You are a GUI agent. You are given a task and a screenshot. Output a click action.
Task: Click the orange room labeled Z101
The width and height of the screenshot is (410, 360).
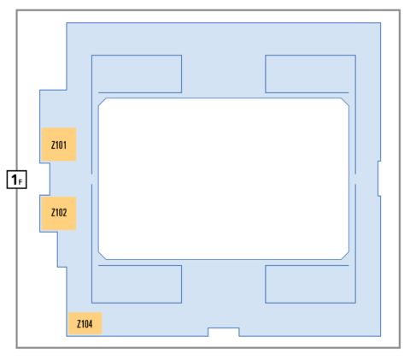pyautogui.click(x=59, y=145)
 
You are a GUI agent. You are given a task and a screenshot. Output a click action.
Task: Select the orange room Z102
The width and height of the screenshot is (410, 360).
pyautogui.click(x=59, y=213)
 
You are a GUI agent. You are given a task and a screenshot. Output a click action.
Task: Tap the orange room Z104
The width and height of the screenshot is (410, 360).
pyautogui.click(x=85, y=323)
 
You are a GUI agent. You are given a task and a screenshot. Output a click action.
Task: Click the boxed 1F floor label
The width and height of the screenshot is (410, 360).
pyautogui.click(x=17, y=180)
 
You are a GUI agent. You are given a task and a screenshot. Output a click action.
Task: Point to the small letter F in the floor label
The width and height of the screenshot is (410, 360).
pyautogui.click(x=20, y=182)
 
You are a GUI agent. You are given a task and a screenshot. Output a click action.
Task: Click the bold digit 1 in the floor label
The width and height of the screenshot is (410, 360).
pyautogui.click(x=14, y=180)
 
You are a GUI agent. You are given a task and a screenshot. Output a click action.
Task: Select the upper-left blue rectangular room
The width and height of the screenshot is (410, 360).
pyautogui.click(x=137, y=74)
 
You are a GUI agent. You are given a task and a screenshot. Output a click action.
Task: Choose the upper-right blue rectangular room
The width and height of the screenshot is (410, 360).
pyautogui.click(x=310, y=74)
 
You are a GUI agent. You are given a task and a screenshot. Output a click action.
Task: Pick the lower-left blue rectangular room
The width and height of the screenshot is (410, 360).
pyautogui.click(x=137, y=284)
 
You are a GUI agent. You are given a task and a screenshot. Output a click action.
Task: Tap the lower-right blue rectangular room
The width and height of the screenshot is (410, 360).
pyautogui.click(x=310, y=284)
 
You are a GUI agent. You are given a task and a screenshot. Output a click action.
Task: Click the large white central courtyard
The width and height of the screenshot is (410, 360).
pyautogui.click(x=224, y=179)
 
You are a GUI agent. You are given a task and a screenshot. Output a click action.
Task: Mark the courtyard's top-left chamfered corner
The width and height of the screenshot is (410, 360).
pyautogui.click(x=102, y=102)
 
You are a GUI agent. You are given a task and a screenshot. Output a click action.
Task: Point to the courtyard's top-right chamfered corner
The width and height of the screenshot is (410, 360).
pyautogui.click(x=345, y=102)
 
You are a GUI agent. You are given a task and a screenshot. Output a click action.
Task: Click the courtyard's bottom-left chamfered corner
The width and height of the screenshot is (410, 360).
pyautogui.click(x=102, y=256)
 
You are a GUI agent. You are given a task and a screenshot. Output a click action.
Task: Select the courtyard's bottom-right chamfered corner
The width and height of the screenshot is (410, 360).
pyautogui.click(x=345, y=256)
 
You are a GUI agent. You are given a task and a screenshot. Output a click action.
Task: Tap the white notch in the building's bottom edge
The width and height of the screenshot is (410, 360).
pyautogui.click(x=224, y=332)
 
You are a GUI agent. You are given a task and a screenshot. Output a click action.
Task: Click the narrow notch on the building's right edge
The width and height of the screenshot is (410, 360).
pyautogui.click(x=379, y=179)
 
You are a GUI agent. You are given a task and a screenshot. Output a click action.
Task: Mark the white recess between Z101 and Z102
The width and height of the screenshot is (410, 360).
pyautogui.click(x=44, y=179)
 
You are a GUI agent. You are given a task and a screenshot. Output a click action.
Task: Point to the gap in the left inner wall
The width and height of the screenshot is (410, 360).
pyautogui.click(x=91, y=179)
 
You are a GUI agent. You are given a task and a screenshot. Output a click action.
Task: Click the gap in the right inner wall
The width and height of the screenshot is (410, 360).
pyautogui.click(x=355, y=179)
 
